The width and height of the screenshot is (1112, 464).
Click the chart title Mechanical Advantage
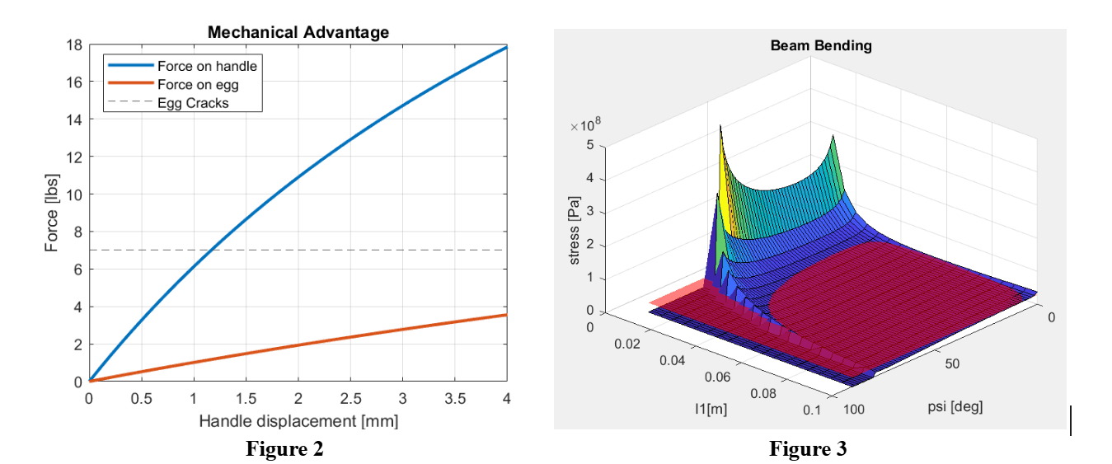298,33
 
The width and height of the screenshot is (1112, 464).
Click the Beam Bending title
820,46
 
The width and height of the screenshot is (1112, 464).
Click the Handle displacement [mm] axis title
298,421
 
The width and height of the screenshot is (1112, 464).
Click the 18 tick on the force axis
73,45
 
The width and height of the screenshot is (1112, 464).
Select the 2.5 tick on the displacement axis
350,399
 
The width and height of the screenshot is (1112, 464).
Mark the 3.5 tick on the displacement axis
455,399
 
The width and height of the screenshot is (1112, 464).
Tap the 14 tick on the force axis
73,120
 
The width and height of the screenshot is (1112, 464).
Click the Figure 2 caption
284,450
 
